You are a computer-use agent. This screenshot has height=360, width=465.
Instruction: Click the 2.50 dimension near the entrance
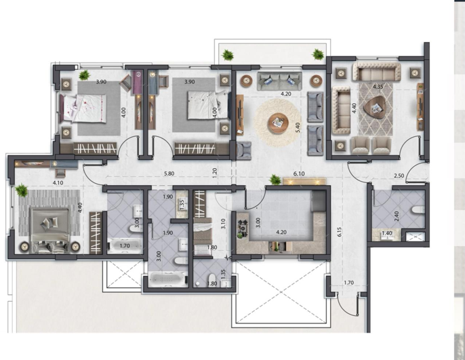point(399,176)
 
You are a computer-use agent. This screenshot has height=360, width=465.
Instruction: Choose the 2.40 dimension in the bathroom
point(397,218)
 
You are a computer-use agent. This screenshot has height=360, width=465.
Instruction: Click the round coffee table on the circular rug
point(277,123)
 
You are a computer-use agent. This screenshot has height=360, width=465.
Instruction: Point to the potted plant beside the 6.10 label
point(275,180)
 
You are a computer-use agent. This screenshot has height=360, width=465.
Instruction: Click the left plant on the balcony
point(228,54)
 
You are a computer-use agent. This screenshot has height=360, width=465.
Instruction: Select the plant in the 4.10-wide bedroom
point(22,191)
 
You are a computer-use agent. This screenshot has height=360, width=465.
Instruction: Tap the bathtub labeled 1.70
point(124,246)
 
